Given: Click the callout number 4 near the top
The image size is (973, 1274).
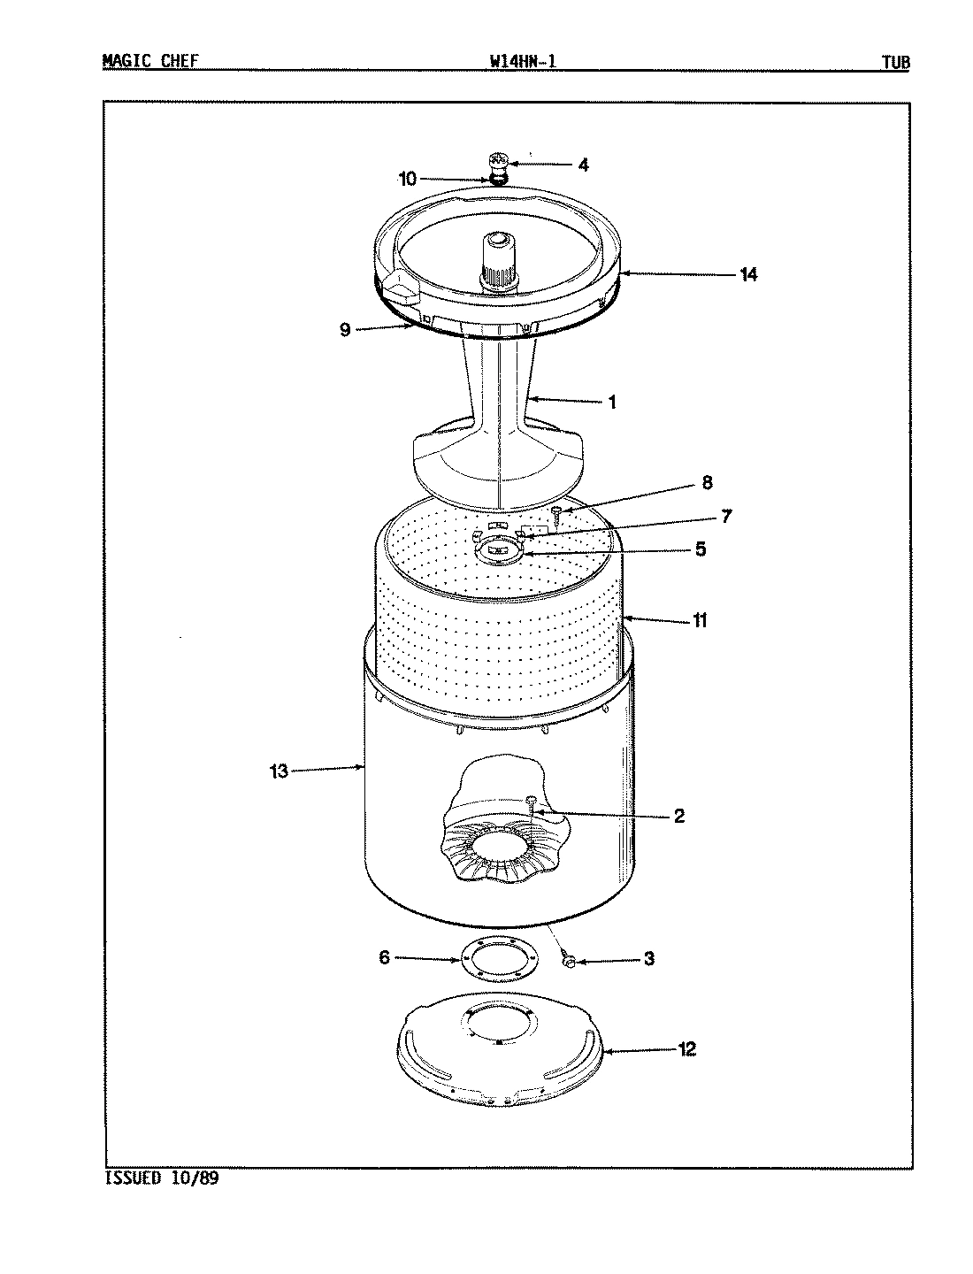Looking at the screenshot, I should [583, 165].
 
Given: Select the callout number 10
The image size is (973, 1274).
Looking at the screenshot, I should [407, 180].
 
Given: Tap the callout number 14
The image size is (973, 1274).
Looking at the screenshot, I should [748, 274].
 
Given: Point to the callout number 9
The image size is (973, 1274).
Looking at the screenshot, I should [345, 330].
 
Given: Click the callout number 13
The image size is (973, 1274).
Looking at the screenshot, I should [279, 771].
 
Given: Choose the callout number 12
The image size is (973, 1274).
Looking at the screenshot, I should [687, 1049].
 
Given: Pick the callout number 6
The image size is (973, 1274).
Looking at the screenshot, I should [384, 957].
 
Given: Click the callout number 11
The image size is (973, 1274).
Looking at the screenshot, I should [700, 621].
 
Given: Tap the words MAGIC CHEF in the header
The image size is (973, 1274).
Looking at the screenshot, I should [150, 61].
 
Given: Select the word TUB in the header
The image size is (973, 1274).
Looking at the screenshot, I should [895, 62].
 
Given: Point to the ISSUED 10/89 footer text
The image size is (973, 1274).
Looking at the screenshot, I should [161, 1178].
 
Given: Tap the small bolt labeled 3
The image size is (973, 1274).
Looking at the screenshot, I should [570, 959].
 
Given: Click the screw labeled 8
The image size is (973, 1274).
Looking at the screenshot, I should [556, 513].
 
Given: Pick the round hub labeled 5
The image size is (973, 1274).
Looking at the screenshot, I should [500, 550].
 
